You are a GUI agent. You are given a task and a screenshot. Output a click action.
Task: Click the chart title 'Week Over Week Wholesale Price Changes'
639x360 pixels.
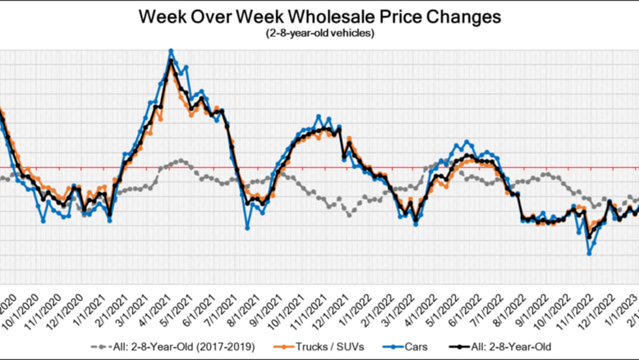click(x=319, y=16)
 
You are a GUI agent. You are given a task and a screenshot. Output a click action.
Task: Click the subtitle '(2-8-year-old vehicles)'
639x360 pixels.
click(x=319, y=33)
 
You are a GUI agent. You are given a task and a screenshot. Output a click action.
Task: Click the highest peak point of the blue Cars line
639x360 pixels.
click(x=171, y=50)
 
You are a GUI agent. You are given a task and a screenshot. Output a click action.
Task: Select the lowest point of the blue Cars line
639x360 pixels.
click(x=589, y=253)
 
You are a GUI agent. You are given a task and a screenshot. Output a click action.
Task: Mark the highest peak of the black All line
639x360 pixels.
click(x=171, y=61)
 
